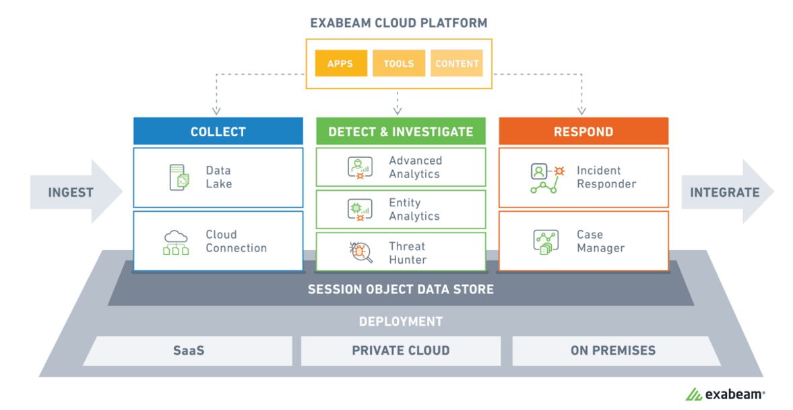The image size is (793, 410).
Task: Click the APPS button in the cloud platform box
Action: [341, 63]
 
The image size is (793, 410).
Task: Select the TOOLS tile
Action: [399, 63]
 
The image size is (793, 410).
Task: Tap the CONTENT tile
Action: [457, 63]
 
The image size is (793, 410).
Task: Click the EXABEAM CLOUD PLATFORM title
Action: [399, 23]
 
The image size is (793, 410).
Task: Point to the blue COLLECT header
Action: [218, 131]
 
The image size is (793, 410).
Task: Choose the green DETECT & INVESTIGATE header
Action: [401, 131]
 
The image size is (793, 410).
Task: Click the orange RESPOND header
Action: [583, 131]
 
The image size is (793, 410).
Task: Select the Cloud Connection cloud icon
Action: [176, 242]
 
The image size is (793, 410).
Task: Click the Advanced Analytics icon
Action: [360, 167]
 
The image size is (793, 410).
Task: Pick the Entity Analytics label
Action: [414, 209]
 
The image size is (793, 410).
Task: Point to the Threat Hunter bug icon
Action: [360, 252]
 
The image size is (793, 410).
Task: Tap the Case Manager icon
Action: [546, 242]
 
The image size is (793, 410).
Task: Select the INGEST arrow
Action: [76, 192]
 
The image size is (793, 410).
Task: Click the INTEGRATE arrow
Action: [728, 192]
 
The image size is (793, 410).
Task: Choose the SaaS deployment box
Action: [188, 350]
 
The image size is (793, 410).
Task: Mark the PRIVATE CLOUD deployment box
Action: [401, 350]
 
